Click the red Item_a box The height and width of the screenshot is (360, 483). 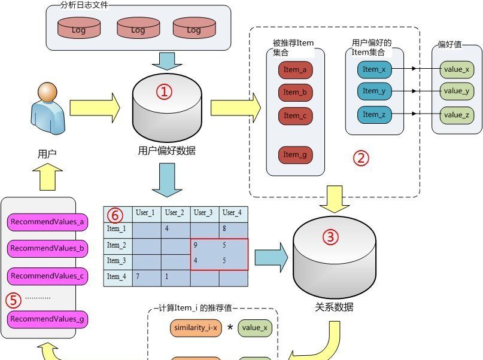point(295,70)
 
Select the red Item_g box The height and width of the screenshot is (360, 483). point(295,155)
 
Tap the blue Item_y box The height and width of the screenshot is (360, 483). point(374,91)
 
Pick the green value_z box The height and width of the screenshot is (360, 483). point(456,114)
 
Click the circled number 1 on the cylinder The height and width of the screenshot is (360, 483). point(164,91)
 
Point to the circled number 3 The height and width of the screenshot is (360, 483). point(330,237)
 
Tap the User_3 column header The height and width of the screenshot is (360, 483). point(204,213)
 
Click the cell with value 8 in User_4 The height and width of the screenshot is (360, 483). point(233,229)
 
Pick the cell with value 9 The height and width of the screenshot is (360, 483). point(204,245)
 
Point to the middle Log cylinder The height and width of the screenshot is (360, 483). point(138,29)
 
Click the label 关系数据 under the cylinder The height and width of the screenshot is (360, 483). point(333,307)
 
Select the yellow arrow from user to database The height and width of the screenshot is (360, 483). point(95,107)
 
